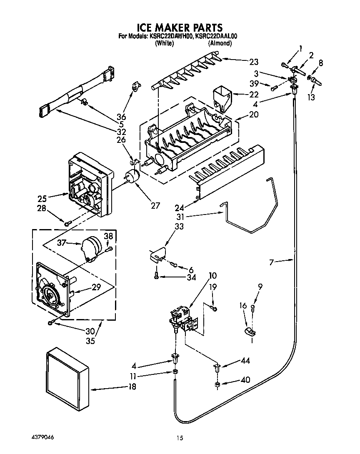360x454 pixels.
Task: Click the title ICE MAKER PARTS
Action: click(x=180, y=28)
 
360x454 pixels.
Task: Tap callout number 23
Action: click(x=254, y=62)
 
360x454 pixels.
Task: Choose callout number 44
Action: click(x=245, y=361)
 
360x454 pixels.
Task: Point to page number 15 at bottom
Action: click(x=180, y=438)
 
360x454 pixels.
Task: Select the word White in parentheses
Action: click(x=164, y=43)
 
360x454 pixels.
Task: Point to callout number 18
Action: click(x=132, y=387)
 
